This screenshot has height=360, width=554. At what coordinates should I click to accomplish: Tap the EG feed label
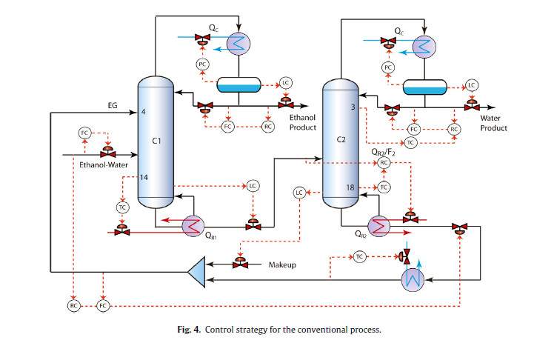[113, 106]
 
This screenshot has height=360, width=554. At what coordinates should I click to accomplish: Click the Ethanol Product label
[302, 122]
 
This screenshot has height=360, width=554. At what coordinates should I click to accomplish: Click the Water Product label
[494, 122]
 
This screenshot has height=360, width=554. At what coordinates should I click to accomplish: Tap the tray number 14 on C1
[144, 178]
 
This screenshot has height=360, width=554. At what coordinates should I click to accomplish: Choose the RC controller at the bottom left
[73, 305]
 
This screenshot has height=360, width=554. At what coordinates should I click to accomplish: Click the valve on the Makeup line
[240, 263]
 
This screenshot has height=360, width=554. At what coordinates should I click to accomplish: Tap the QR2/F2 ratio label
[384, 151]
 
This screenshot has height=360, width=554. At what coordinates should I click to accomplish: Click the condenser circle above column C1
[238, 43]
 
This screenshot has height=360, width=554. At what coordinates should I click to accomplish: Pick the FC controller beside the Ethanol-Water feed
[84, 133]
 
